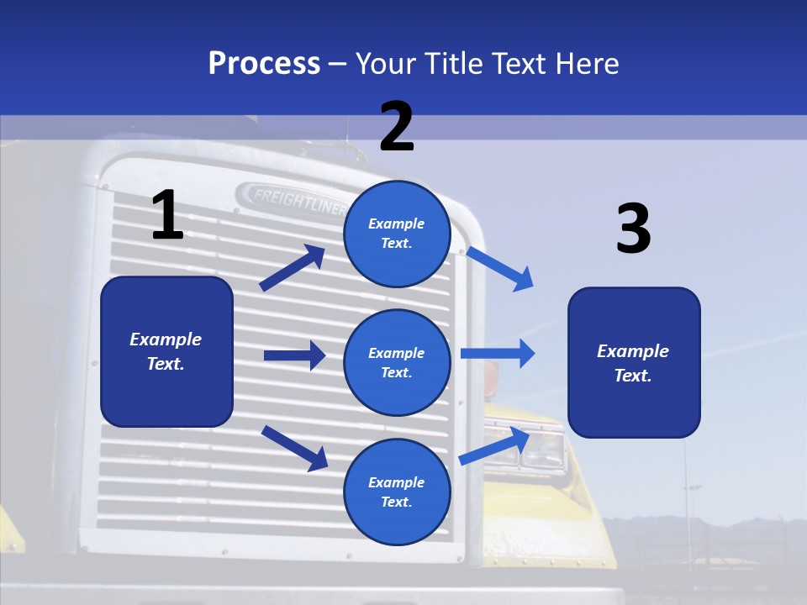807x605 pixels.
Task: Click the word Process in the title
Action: (264, 64)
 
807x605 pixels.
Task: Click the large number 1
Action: (167, 215)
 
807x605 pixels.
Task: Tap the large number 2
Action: (397, 127)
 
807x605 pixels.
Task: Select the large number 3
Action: (633, 229)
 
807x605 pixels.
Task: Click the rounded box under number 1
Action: (166, 351)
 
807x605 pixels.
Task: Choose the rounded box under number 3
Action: (634, 362)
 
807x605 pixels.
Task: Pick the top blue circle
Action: (397, 234)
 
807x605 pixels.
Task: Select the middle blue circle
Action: (397, 362)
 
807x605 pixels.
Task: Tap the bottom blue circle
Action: (397, 492)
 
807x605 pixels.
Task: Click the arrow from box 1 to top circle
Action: (293, 268)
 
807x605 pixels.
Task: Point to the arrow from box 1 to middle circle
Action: (294, 355)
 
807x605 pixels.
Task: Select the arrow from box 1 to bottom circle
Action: (294, 447)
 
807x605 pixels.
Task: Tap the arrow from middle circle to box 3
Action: (498, 353)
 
